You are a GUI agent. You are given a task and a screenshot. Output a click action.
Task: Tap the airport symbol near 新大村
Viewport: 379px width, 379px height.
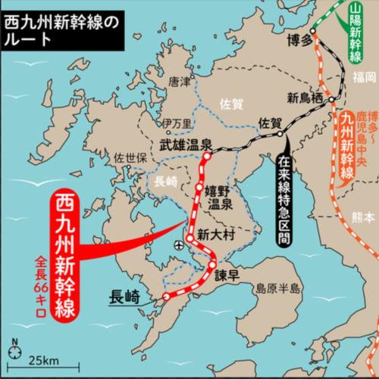(x=179, y=244)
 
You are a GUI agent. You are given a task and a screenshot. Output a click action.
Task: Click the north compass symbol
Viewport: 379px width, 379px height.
(x=14, y=345)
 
